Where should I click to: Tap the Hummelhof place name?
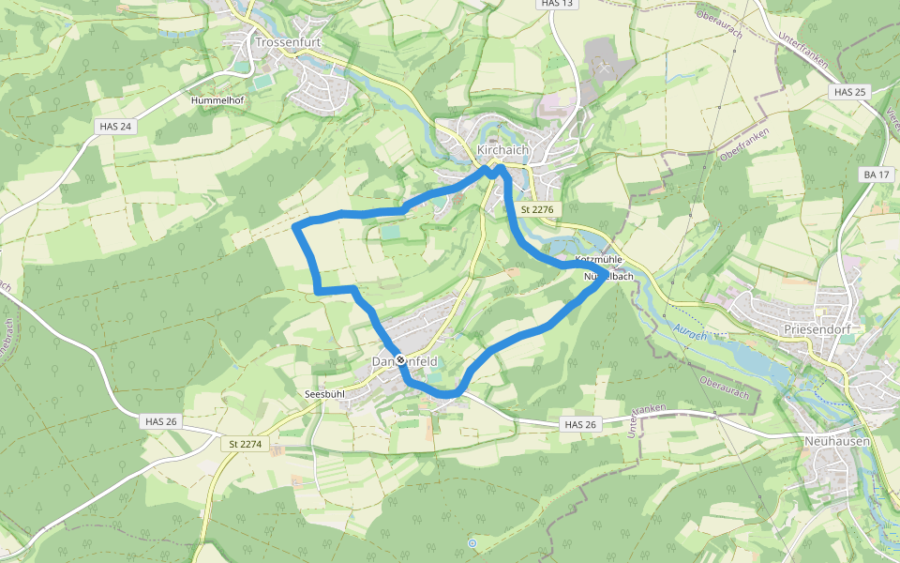click(217, 99)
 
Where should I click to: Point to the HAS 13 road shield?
click(556, 4)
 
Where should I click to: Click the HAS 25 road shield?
click(849, 92)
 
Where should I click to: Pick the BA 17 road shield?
click(877, 175)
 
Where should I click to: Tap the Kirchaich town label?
click(503, 150)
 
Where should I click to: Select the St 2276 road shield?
click(537, 210)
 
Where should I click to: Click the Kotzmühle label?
click(599, 259)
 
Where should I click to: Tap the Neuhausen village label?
click(837, 441)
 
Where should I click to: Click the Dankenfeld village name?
click(404, 361)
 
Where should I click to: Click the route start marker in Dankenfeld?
click(400, 359)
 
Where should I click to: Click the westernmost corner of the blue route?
click(295, 226)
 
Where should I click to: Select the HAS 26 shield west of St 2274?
click(161, 421)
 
